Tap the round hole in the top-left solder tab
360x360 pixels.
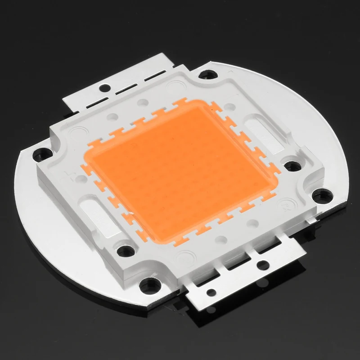coord(106,85)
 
